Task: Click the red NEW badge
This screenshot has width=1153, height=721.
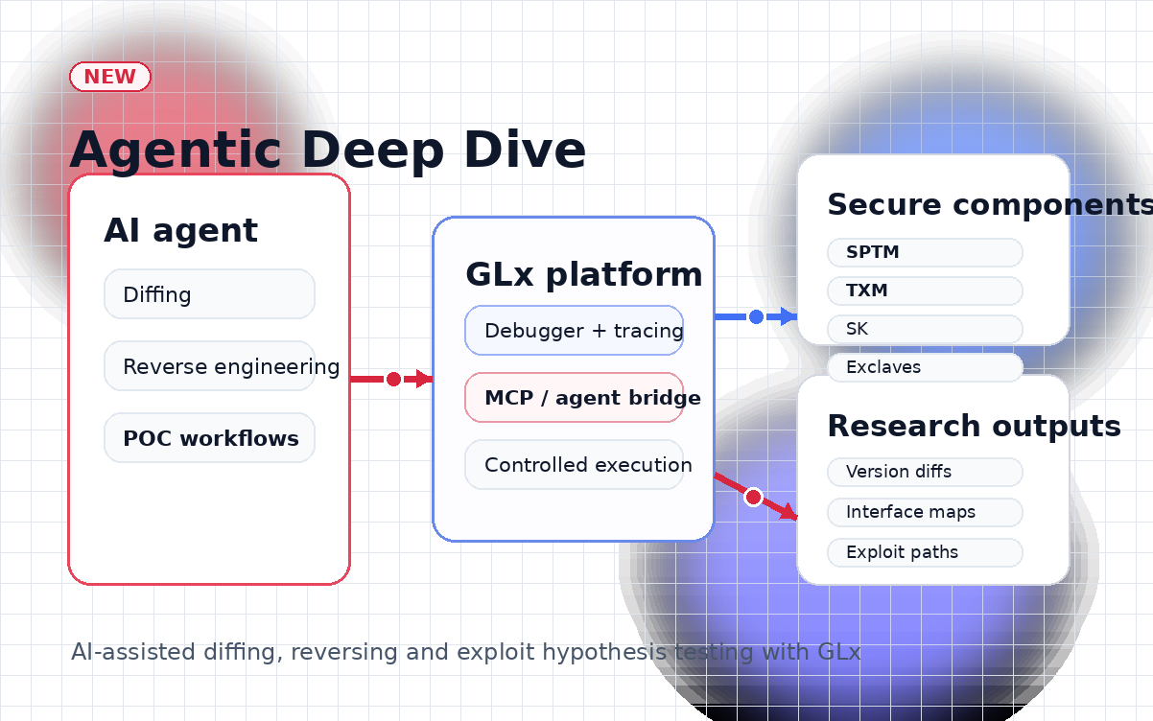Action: (x=110, y=77)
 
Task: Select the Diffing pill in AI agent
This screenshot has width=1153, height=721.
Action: (x=209, y=294)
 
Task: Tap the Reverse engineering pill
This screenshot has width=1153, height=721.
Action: (x=209, y=366)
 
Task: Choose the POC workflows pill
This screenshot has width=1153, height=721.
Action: (x=209, y=438)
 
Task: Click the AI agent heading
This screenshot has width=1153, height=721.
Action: (x=180, y=230)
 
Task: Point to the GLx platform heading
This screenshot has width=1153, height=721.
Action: (x=583, y=274)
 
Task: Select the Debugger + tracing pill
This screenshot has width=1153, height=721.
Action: (x=574, y=331)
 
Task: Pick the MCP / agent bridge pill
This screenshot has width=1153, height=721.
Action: (x=574, y=398)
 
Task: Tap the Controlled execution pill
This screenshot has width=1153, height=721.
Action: (x=574, y=465)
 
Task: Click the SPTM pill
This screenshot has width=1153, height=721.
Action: (x=925, y=253)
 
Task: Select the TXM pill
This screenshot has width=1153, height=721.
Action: (x=925, y=291)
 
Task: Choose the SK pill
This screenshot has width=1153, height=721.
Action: (x=925, y=329)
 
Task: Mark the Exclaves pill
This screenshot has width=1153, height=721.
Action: (x=925, y=367)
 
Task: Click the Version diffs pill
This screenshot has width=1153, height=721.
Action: (x=925, y=472)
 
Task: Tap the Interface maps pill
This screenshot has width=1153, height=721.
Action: (x=925, y=512)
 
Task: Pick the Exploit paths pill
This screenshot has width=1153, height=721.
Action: (x=925, y=552)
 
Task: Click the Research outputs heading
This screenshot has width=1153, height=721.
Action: (x=974, y=426)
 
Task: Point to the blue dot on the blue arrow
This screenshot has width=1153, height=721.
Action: (x=756, y=316)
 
